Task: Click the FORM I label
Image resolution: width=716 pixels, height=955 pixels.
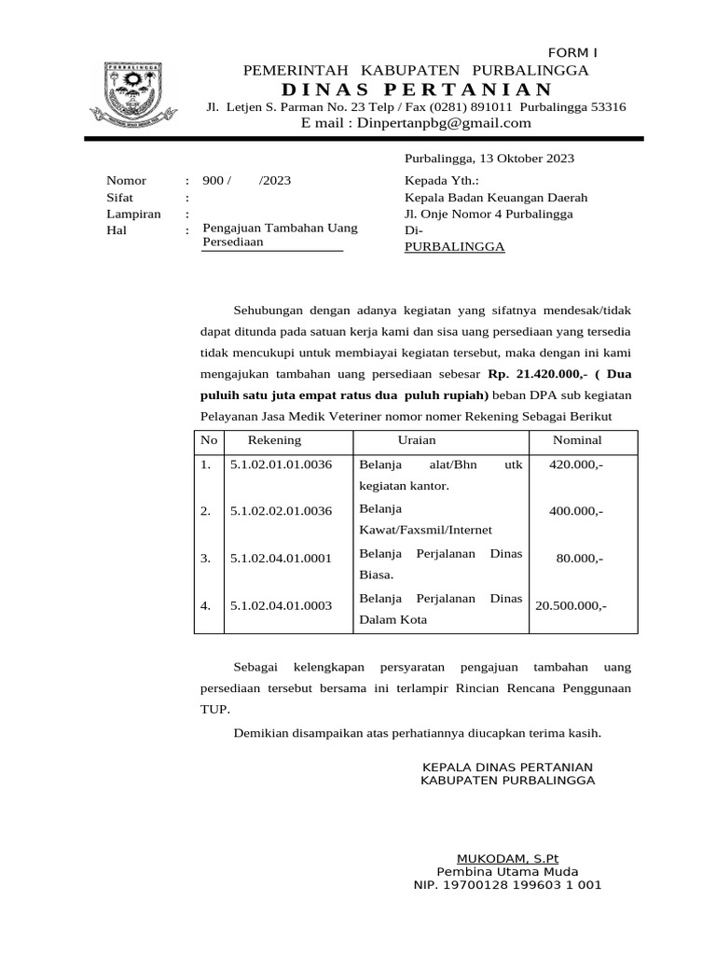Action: (571, 52)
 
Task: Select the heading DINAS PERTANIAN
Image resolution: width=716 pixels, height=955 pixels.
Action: (416, 90)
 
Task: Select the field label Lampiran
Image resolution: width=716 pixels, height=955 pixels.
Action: (133, 214)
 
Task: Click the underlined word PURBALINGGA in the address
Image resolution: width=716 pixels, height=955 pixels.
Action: (454, 247)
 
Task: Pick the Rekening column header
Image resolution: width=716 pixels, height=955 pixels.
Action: (274, 440)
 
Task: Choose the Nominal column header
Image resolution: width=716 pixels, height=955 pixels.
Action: (577, 440)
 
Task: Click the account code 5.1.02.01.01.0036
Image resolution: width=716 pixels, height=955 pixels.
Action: (281, 464)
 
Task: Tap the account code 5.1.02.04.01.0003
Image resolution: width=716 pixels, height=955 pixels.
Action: (281, 606)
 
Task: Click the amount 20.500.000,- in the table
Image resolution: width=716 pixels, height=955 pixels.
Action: (570, 606)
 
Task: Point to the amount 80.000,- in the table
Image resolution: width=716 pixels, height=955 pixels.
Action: (580, 559)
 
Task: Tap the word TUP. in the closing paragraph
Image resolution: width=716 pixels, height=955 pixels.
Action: (214, 709)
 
